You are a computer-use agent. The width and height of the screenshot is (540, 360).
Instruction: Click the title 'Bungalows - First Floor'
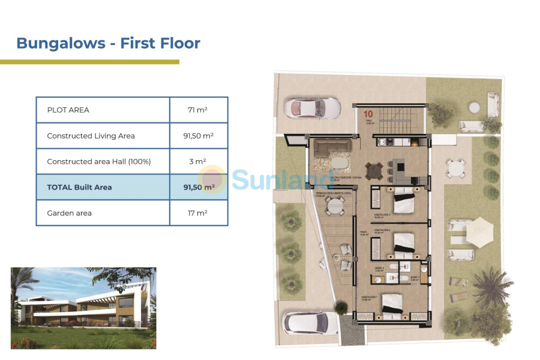[108, 43]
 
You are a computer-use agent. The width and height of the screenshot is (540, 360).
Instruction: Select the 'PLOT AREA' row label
[68, 110]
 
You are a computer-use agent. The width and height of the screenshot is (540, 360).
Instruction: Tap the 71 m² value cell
[198, 110]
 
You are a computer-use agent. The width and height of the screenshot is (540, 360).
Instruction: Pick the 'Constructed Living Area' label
[91, 136]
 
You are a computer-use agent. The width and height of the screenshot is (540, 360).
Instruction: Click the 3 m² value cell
[198, 161]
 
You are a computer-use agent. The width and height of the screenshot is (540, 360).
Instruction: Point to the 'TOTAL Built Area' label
[79, 187]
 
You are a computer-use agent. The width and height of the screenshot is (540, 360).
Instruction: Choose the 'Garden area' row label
[69, 213]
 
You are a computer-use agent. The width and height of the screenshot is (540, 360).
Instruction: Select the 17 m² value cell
[198, 213]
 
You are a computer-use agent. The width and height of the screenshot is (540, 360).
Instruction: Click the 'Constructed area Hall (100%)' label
[98, 161]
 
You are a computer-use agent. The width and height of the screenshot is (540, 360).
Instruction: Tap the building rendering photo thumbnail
[83, 308]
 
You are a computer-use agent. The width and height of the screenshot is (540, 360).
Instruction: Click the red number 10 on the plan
[368, 112]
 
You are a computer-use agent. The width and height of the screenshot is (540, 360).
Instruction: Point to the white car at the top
[312, 108]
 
